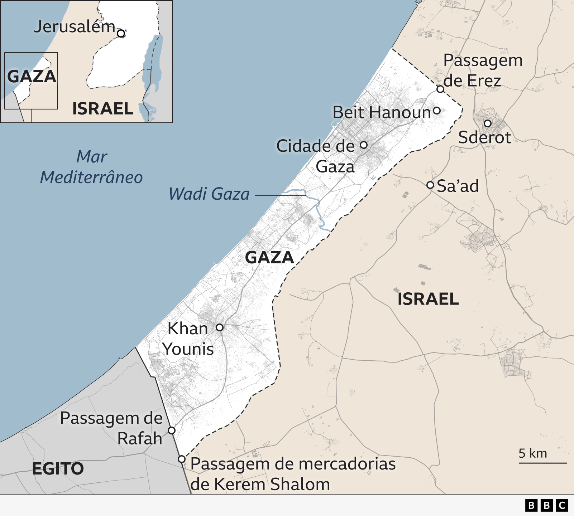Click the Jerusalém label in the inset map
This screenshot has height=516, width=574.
75,27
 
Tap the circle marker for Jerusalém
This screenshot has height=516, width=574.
121,34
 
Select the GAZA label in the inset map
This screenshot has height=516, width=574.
32,77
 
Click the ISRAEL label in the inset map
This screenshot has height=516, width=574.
103,109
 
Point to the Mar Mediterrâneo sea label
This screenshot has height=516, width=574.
92,167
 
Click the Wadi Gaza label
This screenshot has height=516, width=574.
209,194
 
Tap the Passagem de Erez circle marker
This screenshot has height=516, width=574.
440,89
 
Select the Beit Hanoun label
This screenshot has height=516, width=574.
382,112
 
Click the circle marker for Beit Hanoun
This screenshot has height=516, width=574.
437,111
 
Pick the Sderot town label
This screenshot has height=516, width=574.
484,138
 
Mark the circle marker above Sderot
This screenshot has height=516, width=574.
488,123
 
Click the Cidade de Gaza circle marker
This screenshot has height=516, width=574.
364,145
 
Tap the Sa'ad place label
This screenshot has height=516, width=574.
458,186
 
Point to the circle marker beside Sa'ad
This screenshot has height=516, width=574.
430,185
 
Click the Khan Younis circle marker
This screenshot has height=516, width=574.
220,327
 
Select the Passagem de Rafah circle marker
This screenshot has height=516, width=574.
172,430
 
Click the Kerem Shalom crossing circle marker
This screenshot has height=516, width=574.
182,459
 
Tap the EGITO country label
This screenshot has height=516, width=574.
58,469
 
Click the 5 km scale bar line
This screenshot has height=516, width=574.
542,463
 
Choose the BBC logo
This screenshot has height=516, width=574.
546,505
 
